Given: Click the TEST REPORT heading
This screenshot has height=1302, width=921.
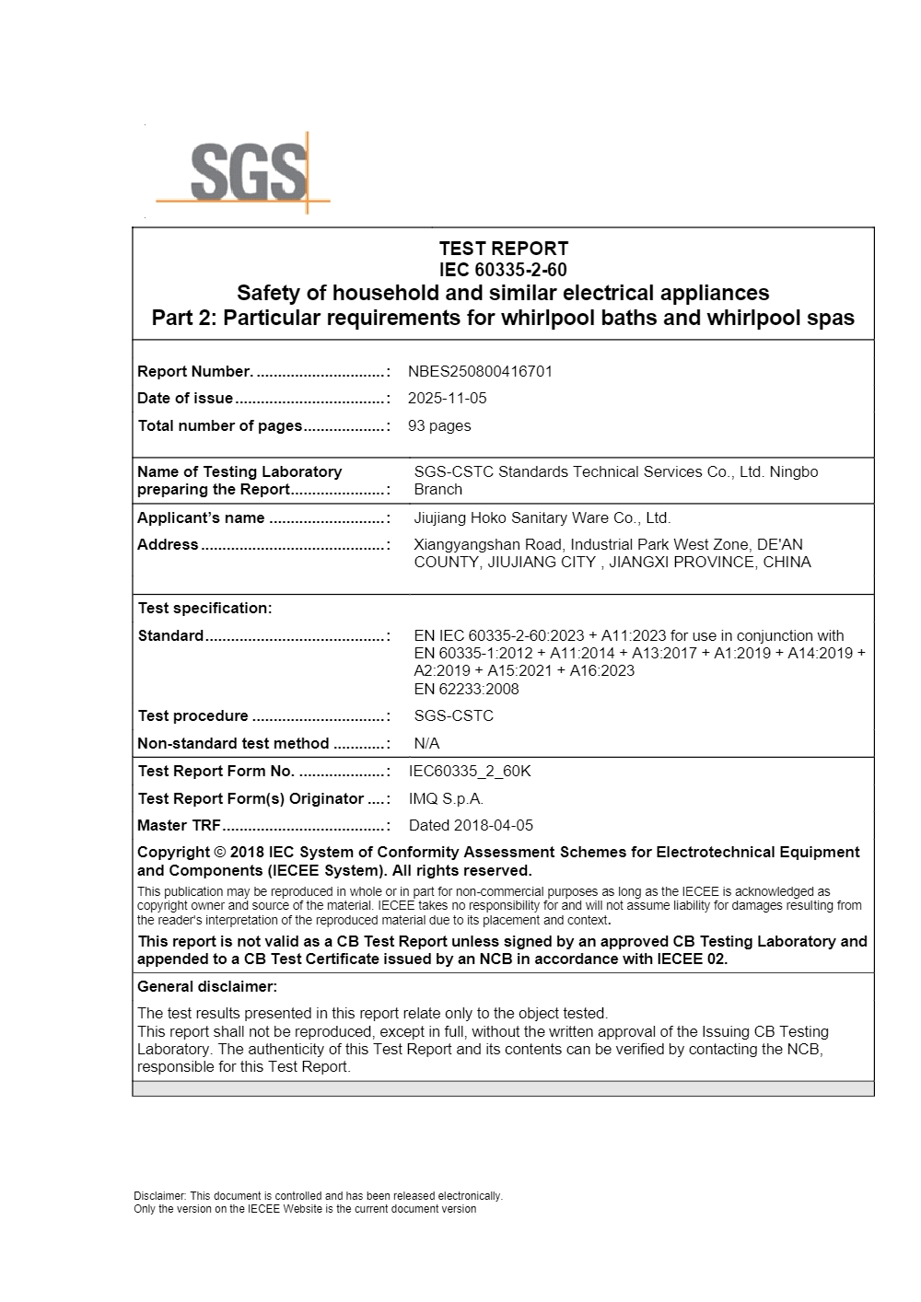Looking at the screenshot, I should (x=503, y=249).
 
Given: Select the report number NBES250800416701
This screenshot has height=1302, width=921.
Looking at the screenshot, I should (x=480, y=371).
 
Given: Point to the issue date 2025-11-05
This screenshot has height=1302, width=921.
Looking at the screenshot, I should (x=447, y=398).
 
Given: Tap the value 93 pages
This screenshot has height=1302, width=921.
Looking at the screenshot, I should (x=439, y=425).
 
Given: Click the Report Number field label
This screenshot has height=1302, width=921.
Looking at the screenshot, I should (x=194, y=371).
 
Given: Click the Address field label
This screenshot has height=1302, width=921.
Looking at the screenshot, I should (x=168, y=544).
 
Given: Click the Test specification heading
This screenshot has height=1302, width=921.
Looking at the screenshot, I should (x=204, y=608).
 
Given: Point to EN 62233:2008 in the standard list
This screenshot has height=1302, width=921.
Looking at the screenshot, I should (x=466, y=689).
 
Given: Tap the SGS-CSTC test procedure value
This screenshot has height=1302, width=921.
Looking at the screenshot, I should (x=453, y=715).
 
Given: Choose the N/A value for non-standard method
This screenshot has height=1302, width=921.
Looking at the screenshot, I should (x=426, y=743).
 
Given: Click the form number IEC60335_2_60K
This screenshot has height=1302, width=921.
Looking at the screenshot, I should (x=470, y=771).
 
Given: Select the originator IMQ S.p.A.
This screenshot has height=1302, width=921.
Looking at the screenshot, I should (x=446, y=798).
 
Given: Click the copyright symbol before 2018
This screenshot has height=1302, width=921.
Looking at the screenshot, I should (x=219, y=853).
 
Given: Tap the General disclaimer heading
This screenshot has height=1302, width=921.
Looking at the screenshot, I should (x=206, y=986).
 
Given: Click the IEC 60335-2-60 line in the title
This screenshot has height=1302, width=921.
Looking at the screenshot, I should (x=503, y=270).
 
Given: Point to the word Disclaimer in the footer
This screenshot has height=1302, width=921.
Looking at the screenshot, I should (x=159, y=1196).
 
